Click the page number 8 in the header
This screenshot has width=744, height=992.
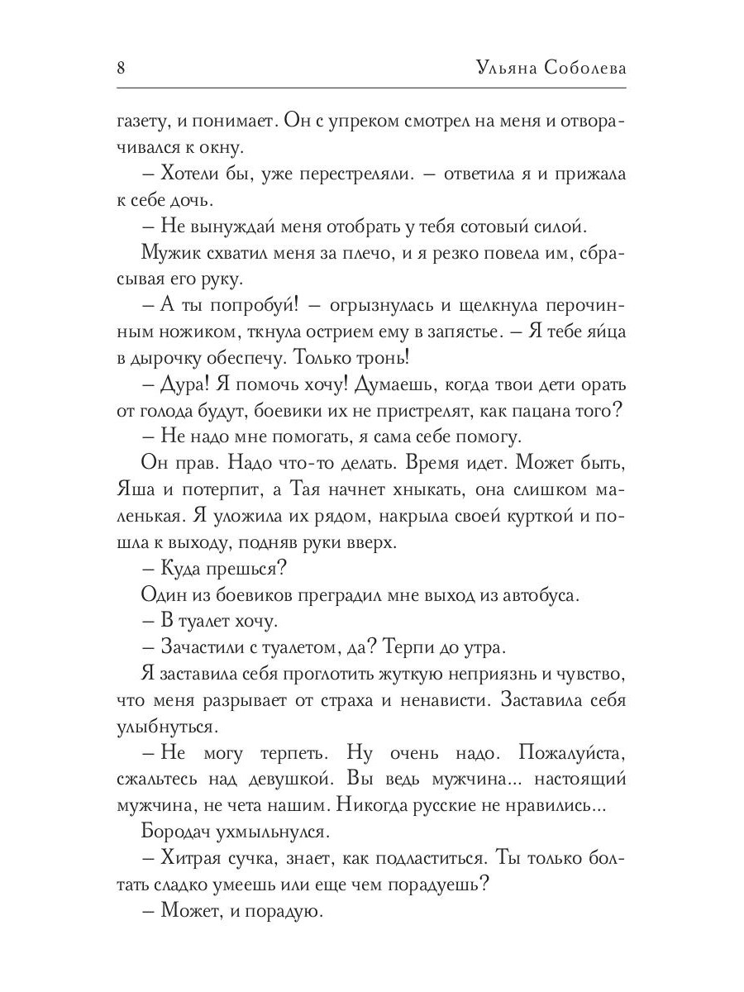tap(121, 68)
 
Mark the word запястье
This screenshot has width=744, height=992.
tap(451, 333)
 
